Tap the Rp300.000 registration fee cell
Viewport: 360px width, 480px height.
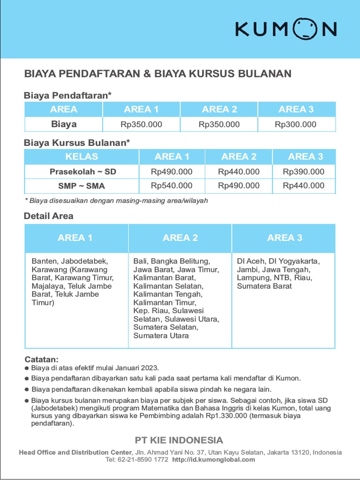coord(295,125)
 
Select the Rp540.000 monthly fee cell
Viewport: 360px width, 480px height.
coord(172,186)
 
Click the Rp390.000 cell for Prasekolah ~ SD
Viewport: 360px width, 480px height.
coord(303,172)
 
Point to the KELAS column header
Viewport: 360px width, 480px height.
coord(82,157)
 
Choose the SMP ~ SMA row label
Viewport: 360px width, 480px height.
coord(82,186)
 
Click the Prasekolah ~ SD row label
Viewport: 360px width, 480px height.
coord(83,172)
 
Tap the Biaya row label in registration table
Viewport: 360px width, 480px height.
coord(64,125)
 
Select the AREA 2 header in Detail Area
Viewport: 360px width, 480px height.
coord(180,238)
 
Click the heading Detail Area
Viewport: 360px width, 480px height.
coord(49,216)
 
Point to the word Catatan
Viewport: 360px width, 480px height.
coord(41,360)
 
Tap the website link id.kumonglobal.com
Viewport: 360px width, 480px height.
coord(214,460)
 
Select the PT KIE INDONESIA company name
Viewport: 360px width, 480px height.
coord(179,440)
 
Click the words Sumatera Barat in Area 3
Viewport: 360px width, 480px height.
coord(264,286)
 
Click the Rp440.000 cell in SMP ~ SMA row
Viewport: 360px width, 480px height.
coord(303,186)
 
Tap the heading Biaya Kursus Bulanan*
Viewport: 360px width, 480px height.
coord(77,142)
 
